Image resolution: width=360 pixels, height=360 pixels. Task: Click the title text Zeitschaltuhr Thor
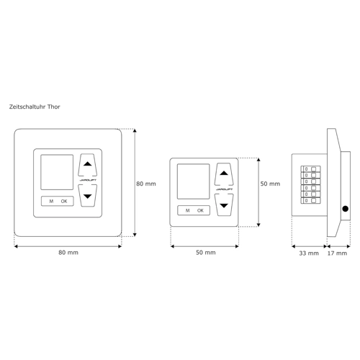[35, 107]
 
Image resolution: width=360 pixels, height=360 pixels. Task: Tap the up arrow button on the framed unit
[88, 165]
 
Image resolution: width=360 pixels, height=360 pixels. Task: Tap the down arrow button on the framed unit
[88, 195]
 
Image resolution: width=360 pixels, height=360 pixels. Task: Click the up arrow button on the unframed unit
[224, 174]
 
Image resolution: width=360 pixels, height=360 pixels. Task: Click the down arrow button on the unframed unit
[224, 204]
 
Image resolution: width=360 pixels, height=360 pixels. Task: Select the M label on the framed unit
[51, 201]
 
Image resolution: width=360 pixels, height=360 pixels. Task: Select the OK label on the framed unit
[64, 201]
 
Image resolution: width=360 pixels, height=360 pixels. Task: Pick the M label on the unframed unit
[188, 210]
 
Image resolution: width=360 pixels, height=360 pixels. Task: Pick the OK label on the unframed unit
[200, 210]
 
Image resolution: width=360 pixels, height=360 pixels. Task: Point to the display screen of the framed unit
[57, 172]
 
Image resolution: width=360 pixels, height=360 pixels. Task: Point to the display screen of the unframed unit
[193, 181]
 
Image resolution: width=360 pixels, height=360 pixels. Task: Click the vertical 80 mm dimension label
[146, 184]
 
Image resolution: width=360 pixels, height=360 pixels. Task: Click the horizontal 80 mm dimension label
[68, 253]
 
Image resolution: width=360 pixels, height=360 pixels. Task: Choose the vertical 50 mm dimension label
[270, 184]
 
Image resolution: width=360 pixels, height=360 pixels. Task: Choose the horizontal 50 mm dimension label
[206, 253]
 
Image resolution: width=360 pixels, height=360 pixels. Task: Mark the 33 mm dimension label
[309, 253]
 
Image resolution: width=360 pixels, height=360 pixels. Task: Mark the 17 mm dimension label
[337, 253]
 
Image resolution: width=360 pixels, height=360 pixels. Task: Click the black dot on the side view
[346, 209]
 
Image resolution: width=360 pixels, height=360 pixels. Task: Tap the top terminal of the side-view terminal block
[311, 169]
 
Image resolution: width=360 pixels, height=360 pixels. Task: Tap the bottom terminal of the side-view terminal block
[311, 200]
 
